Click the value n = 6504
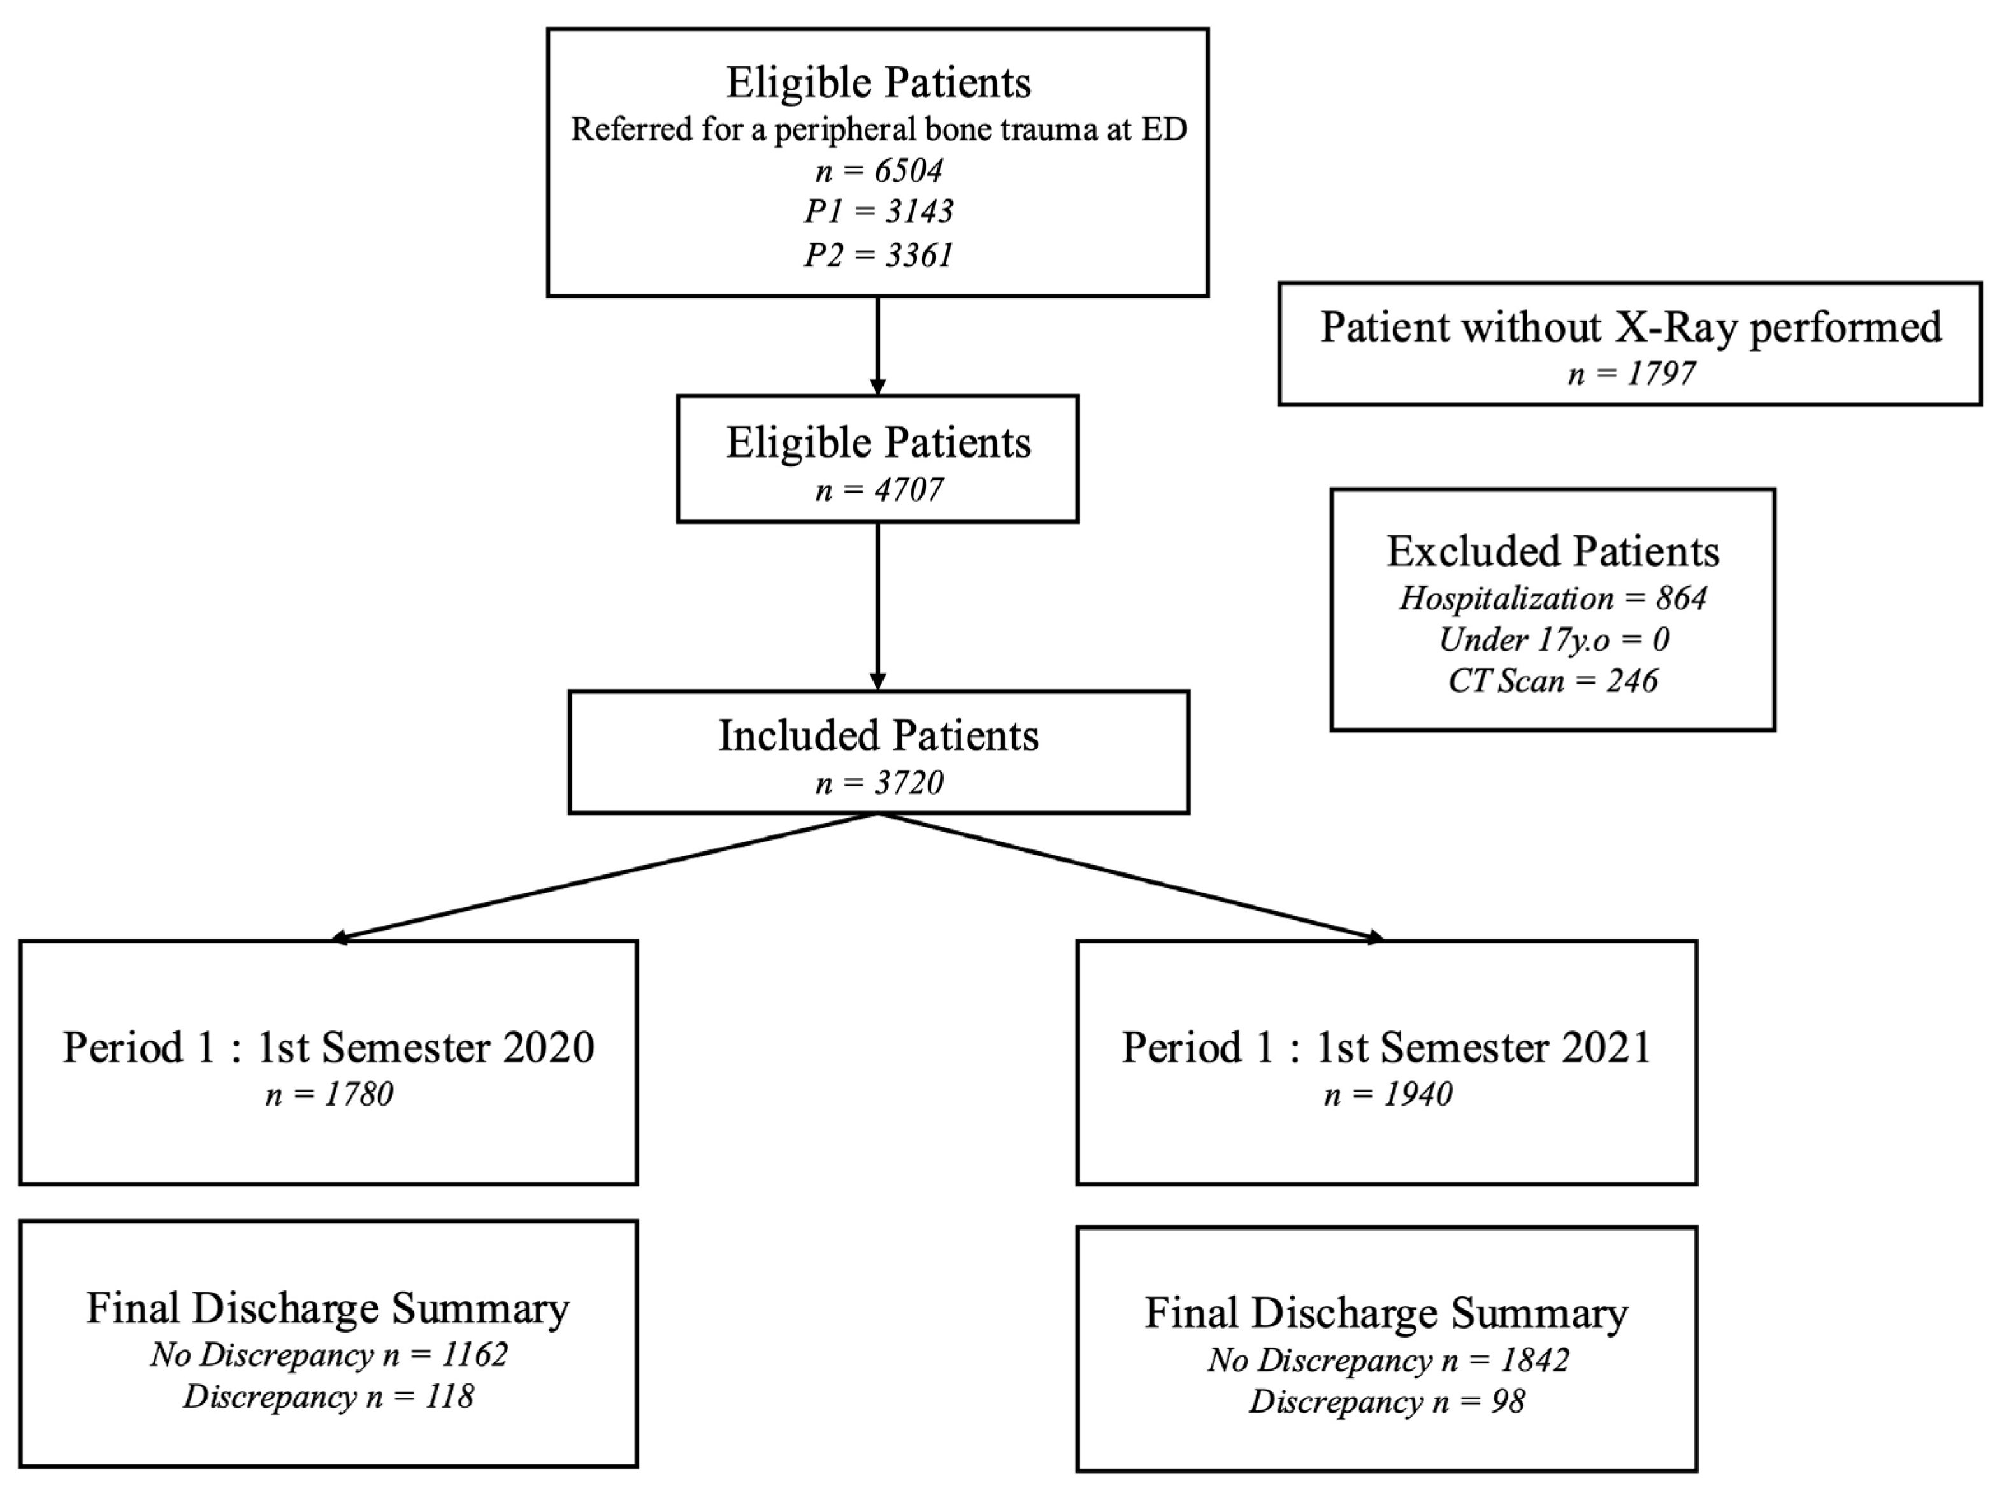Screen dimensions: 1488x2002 (878, 170)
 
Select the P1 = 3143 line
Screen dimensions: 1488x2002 (878, 212)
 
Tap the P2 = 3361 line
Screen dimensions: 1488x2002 (878, 255)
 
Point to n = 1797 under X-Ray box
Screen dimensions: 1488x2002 (1630, 373)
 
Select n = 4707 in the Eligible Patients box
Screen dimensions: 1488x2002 (878, 490)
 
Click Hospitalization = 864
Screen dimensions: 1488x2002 (1553, 598)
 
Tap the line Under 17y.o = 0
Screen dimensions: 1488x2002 (1553, 640)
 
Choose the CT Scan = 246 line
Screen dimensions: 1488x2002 (1553, 681)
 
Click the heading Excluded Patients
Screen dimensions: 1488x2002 (1553, 551)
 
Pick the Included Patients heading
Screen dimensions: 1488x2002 (878, 736)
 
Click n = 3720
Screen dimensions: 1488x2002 (878, 783)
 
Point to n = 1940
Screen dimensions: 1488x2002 (1387, 1094)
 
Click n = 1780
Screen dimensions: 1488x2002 (329, 1094)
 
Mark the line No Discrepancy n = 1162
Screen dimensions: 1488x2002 (329, 1355)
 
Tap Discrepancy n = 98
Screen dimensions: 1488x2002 (1387, 1401)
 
